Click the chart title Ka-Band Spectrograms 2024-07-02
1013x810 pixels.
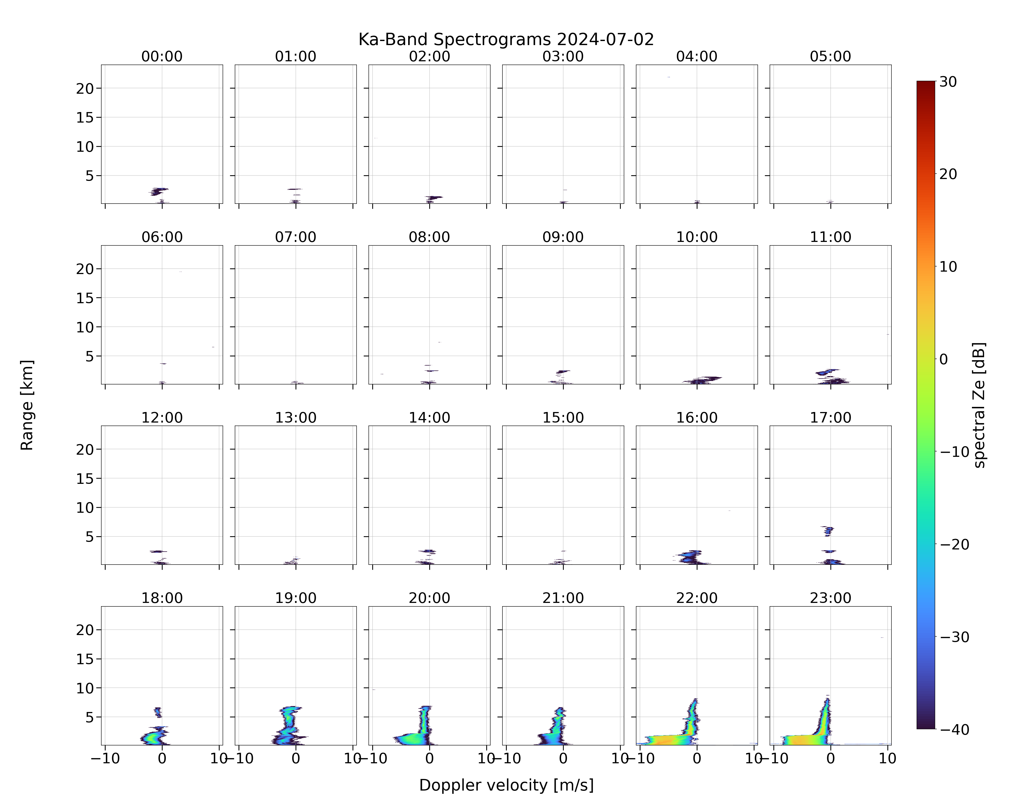[506, 39]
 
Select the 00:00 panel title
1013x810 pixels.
[162, 56]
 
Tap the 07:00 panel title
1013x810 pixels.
[296, 237]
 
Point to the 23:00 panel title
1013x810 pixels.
[830, 598]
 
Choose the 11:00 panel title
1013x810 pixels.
[830, 237]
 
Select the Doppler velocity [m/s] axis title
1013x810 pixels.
[506, 785]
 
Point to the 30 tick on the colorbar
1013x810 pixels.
[948, 82]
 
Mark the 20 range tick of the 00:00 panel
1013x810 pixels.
[85, 88]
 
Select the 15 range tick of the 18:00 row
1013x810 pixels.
[85, 659]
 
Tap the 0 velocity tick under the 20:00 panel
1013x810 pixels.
[430, 758]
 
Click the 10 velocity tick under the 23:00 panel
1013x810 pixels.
[888, 758]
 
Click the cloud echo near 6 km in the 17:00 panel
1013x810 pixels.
[828, 531]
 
